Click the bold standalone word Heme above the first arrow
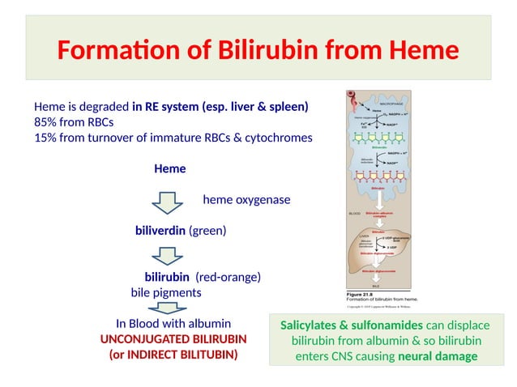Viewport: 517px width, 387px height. coord(169,168)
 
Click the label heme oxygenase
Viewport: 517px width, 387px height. coord(246,199)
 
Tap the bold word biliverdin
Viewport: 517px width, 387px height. coord(160,231)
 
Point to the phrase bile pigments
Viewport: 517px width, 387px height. coord(165,291)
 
